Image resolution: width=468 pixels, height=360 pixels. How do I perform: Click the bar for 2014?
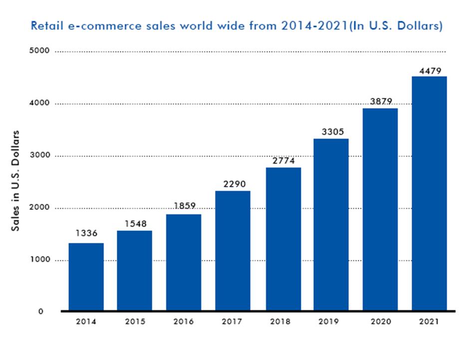[x=86, y=277]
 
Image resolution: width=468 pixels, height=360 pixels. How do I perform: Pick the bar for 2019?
[x=331, y=225]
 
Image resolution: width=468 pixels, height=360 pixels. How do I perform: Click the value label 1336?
[x=86, y=233]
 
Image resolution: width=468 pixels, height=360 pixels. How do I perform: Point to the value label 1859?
[x=184, y=205]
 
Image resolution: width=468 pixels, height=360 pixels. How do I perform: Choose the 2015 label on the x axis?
[x=135, y=322]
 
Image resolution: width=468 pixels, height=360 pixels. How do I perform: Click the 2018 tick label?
[x=282, y=322]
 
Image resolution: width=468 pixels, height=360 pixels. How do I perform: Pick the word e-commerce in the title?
[x=90, y=26]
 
